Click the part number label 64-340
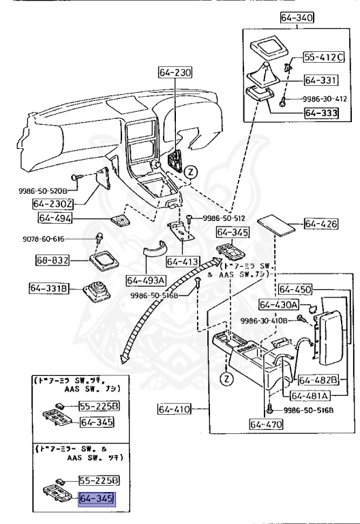297,18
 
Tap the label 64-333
320,113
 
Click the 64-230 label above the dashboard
175,72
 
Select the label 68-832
52,260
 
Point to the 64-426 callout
320,223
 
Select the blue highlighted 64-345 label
97,499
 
